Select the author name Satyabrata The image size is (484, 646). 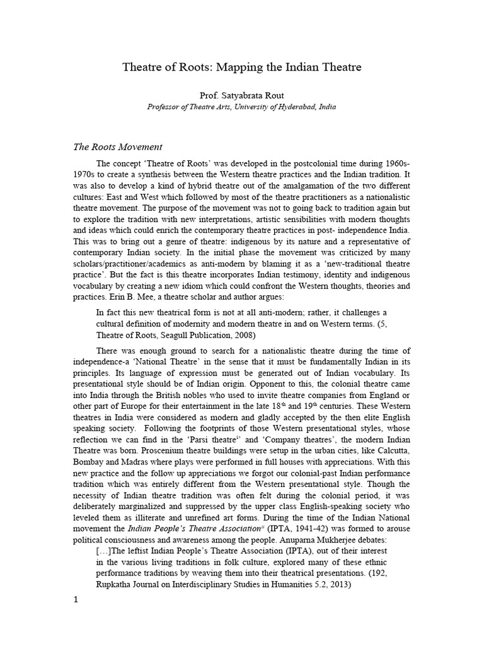(x=244, y=95)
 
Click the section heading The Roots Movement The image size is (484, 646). (x=118, y=147)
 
